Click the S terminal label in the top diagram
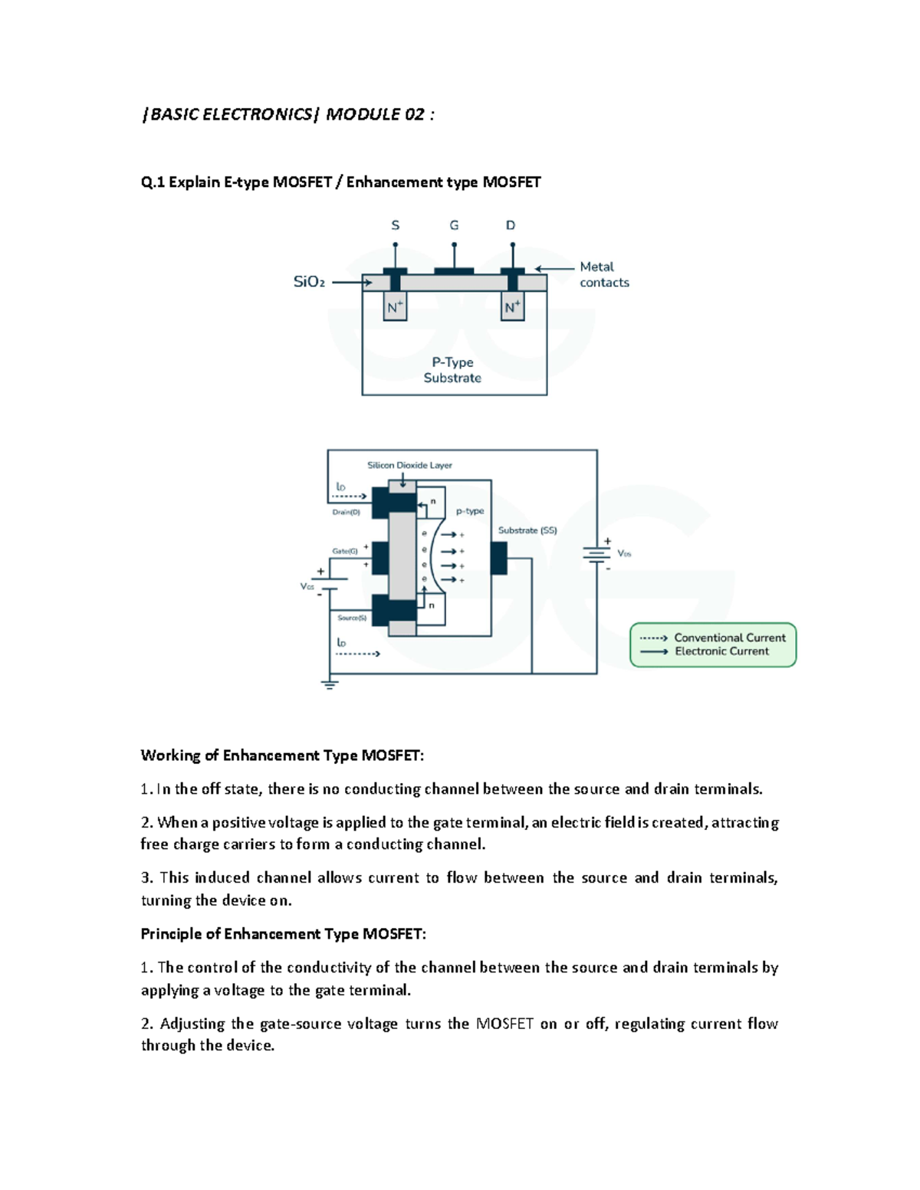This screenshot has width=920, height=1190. coord(396,225)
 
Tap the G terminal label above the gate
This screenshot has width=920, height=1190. coord(454,225)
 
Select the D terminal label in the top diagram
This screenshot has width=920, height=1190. coord(511,225)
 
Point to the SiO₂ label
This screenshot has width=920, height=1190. coord(309,282)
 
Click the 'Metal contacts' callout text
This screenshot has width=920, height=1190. coord(604,274)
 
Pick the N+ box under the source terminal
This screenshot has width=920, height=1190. coord(395,307)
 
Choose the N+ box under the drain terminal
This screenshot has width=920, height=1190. coord(512,307)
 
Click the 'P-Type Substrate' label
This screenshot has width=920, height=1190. coord(452,370)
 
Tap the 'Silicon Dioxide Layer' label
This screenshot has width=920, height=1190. coord(409,465)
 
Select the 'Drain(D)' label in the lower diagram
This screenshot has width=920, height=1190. coord(346,512)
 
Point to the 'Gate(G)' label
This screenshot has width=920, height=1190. coord(345,551)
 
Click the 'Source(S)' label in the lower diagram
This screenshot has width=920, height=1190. coord(352,618)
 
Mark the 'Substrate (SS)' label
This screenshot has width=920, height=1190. coord(527,530)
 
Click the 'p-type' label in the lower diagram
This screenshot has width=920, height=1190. coord(470,511)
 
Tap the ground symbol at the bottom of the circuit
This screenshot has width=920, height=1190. coord(330,684)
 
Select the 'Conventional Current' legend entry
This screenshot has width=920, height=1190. coord(729,638)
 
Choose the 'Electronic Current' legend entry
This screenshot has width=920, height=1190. coord(721,651)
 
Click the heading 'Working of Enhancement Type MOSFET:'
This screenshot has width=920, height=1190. coord(282,756)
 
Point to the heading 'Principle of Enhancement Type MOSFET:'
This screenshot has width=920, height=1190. coord(283,934)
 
